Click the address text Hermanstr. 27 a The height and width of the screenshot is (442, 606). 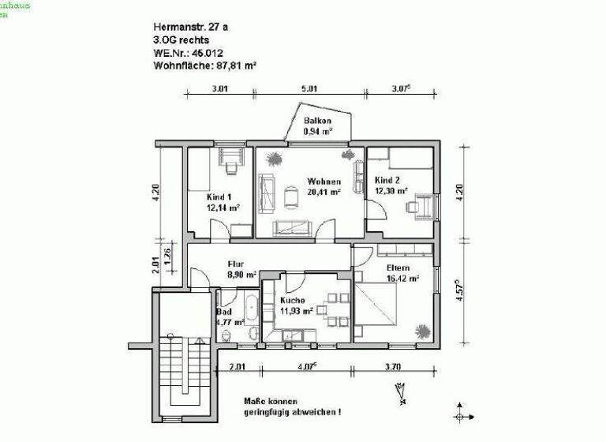192,27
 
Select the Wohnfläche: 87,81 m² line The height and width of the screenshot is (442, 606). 205,66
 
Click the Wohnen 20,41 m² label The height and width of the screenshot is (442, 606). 324,186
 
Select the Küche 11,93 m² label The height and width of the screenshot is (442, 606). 297,305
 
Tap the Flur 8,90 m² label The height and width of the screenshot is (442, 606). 241,270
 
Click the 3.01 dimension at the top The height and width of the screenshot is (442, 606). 219,88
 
